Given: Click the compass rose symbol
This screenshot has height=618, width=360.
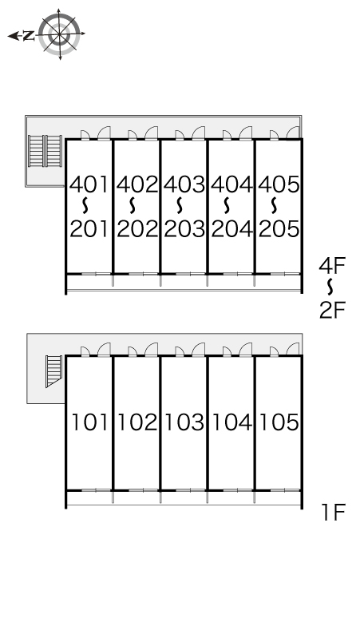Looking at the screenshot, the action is click(60, 34).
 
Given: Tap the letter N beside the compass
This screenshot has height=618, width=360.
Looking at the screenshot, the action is click(29, 36).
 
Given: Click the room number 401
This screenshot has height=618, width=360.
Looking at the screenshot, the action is click(89, 184).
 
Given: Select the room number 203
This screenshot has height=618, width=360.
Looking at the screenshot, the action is click(184, 228).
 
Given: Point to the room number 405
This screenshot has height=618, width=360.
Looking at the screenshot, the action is click(279, 184).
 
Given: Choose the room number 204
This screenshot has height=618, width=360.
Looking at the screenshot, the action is click(231, 228).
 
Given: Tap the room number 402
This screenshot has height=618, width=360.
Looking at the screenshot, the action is click(137, 184).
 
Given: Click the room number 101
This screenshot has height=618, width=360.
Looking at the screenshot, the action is click(89, 422).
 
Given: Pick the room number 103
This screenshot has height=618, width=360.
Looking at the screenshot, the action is click(184, 422).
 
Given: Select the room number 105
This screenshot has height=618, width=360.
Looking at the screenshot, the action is click(279, 422).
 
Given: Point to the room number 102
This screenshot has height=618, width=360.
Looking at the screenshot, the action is click(137, 422).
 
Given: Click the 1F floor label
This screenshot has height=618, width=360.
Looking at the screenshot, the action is click(333, 513).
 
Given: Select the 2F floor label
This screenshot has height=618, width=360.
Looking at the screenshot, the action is click(332, 310).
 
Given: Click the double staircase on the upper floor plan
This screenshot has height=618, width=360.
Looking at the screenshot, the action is click(45, 152).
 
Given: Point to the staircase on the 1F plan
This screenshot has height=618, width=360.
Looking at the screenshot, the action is click(54, 371).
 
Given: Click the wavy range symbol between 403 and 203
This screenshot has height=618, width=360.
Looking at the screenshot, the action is click(180, 205).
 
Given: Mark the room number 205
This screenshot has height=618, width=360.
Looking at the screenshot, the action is click(279, 228).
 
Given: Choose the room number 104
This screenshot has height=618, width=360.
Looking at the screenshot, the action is click(231, 422).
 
